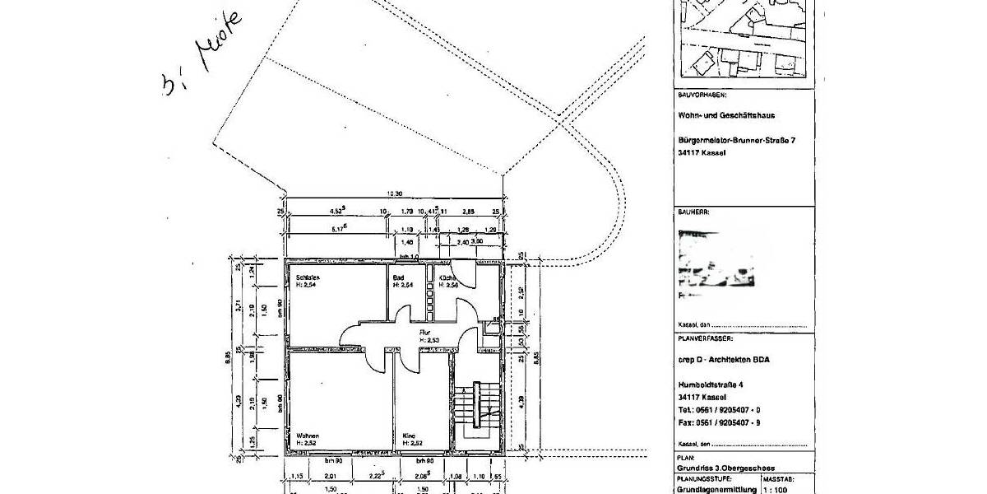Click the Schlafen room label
[x=308, y=278]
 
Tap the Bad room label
[x=398, y=278]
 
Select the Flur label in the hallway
[x=425, y=332]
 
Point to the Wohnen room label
[x=308, y=436]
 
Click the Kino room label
[x=409, y=436]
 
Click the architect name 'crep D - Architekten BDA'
[x=724, y=358]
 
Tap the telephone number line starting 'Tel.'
[x=718, y=409]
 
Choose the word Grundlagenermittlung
[x=715, y=488]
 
